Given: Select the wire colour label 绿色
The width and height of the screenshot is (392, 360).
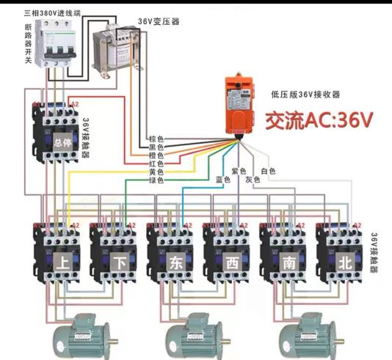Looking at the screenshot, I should click(x=156, y=180).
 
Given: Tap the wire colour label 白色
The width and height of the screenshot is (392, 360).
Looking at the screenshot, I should click(x=268, y=171).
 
